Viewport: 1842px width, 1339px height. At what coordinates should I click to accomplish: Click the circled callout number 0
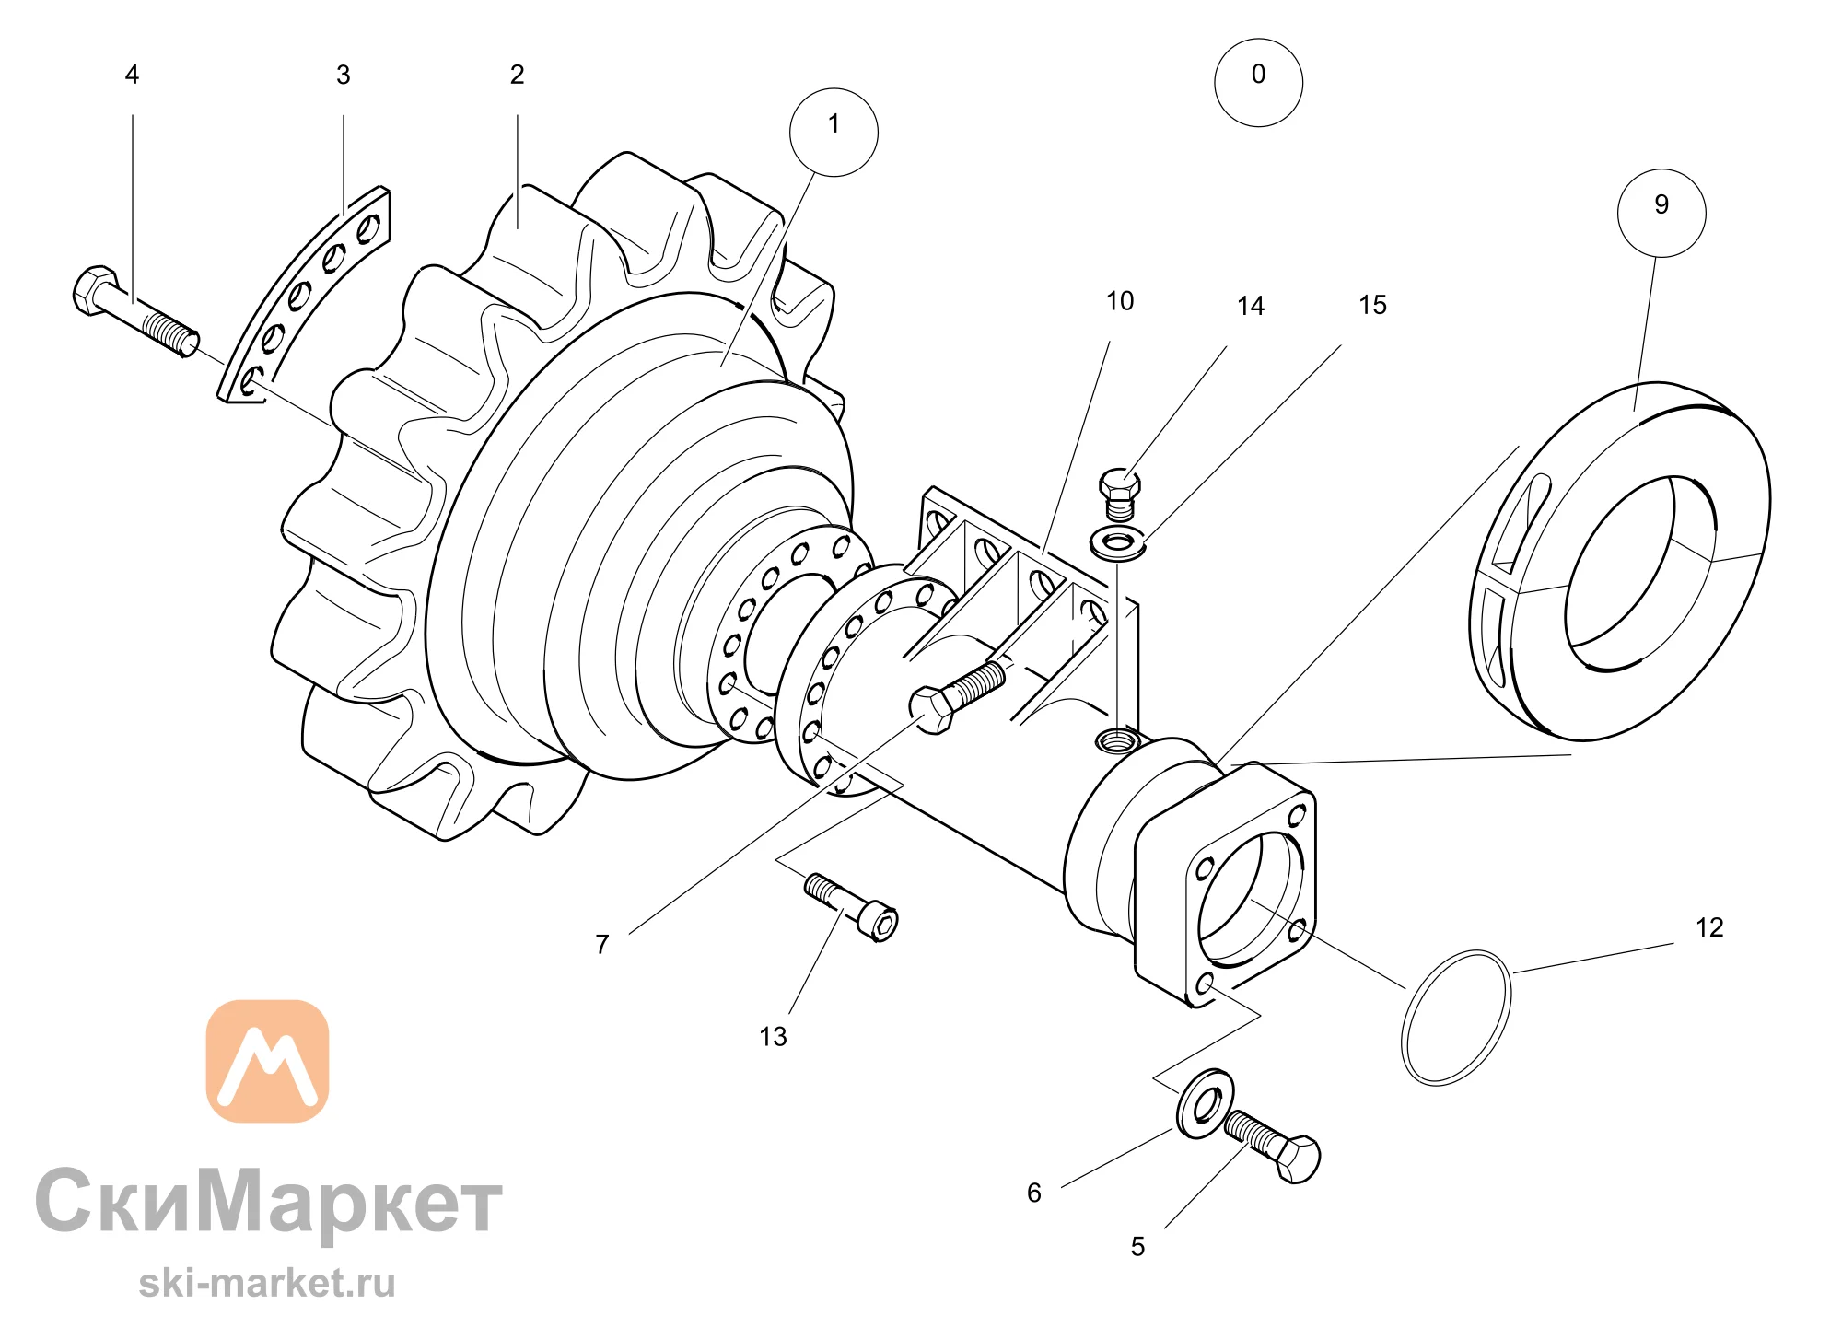click(x=1258, y=82)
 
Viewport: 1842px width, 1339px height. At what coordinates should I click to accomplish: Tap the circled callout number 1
click(x=834, y=132)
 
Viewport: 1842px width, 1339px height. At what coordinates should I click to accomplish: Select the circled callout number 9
click(x=1661, y=213)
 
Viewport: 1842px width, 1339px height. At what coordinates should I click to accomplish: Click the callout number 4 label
click(x=132, y=75)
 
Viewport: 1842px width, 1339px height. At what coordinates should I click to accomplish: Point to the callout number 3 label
click(x=343, y=75)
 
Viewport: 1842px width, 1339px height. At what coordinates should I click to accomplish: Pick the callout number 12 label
click(x=1709, y=927)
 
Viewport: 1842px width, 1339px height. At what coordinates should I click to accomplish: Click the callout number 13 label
click(x=773, y=1037)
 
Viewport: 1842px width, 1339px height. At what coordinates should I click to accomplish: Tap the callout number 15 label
click(x=1372, y=305)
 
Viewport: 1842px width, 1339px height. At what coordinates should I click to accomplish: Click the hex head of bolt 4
click(x=95, y=290)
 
